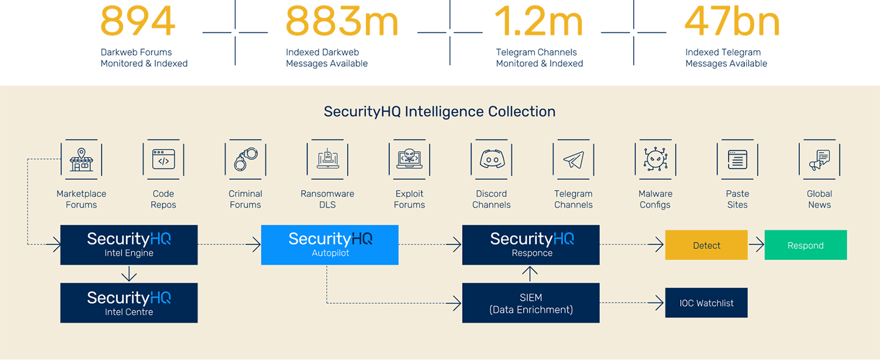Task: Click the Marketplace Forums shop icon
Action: pos(81,160)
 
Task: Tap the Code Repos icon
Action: pos(163,160)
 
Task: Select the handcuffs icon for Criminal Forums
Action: pos(245,160)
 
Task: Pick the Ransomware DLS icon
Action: pos(327,160)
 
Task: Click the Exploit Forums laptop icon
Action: pos(409,160)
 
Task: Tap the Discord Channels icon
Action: pos(491,160)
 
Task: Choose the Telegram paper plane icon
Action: pos(573,160)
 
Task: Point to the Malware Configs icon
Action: pos(655,160)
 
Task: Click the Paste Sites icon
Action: pos(737,160)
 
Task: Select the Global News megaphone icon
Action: pos(819,160)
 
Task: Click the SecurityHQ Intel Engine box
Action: pos(129,245)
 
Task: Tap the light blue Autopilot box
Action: pos(329,245)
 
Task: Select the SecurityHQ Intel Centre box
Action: pos(129,303)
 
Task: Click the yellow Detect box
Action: pos(706,245)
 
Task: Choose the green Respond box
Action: pos(805,245)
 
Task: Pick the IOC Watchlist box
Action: pos(706,303)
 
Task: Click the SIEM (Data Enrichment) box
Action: pos(530,303)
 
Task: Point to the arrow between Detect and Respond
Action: pos(756,245)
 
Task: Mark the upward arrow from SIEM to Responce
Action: pos(530,274)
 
